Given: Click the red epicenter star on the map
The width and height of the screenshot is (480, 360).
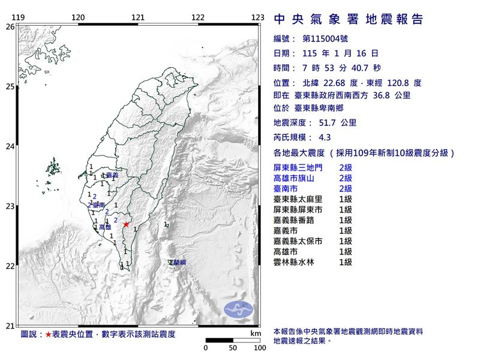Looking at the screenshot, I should click(126, 224).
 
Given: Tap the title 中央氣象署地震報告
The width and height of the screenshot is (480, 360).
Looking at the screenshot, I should click(348, 19).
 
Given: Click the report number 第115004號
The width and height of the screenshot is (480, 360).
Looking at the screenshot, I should click(325, 38).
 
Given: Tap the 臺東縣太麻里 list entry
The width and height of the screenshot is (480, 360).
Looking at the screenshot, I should click(301, 199).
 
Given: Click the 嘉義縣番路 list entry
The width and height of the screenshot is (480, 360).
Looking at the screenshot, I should click(297, 220).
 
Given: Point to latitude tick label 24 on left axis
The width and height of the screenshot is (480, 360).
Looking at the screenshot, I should click(10, 146).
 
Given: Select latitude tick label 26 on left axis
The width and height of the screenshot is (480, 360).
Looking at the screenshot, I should click(10, 27).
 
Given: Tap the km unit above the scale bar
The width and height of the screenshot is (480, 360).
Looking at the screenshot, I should click(256, 332).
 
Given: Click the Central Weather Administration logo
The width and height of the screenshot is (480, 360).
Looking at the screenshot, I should click(238, 310).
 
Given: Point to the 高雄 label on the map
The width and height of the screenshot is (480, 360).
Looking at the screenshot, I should click(105, 227).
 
